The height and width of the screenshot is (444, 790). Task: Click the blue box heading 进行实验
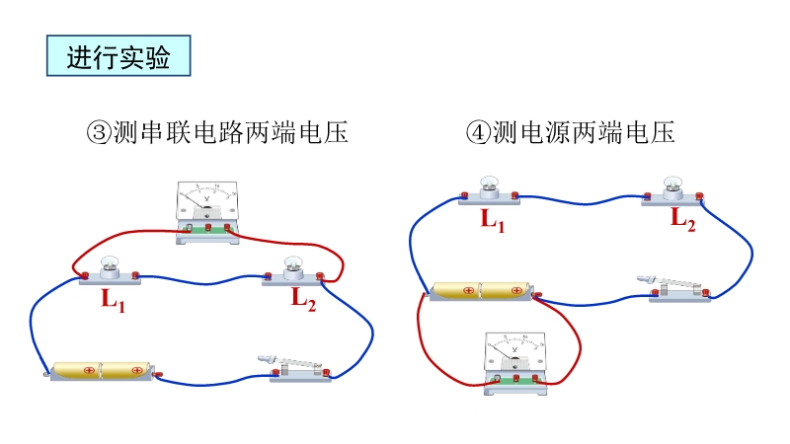click(118, 57)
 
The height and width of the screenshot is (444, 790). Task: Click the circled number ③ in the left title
click(99, 133)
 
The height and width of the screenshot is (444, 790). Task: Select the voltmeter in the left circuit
click(207, 211)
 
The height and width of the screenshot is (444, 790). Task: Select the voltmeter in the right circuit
click(513, 364)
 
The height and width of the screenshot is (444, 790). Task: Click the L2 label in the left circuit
click(302, 300)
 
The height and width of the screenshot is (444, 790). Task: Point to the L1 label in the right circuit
click(493, 220)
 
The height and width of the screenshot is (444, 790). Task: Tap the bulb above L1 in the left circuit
click(110, 265)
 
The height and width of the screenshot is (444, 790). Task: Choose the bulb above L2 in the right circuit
click(672, 185)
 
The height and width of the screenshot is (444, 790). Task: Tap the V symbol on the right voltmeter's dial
click(513, 352)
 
